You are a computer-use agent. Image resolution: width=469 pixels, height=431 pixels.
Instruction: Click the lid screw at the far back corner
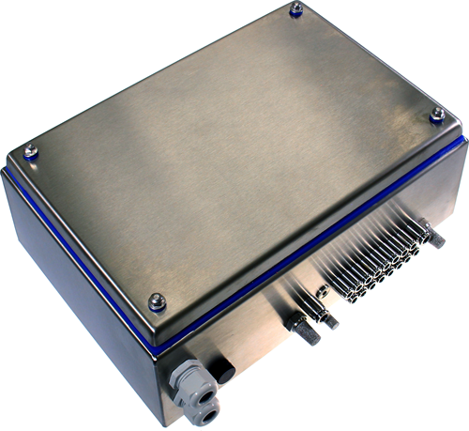296,8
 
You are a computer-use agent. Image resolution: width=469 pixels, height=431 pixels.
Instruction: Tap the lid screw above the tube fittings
436,114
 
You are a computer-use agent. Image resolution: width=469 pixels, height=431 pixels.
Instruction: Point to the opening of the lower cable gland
211,412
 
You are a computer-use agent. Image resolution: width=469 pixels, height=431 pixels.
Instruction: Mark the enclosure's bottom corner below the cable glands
165,423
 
